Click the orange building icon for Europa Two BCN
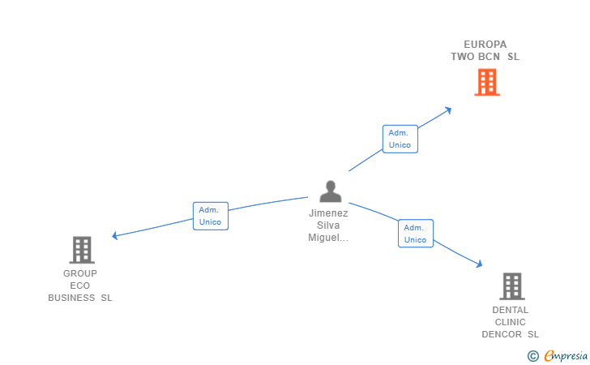487,82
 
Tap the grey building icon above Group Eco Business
82,250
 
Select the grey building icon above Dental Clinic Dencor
512,286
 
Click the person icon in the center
331,191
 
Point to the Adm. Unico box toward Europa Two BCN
400,139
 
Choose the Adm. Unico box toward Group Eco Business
211,216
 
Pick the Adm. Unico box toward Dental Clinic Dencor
416,234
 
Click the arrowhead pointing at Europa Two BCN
447,110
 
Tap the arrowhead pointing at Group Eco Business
115,236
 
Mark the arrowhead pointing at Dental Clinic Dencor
479,264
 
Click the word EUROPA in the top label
485,45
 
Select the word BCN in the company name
489,57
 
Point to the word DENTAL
511,310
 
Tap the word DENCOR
502,334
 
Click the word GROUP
80,273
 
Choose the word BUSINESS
71,298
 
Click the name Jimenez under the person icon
328,213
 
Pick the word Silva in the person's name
328,225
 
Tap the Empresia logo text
566,355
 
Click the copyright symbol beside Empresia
533,356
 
